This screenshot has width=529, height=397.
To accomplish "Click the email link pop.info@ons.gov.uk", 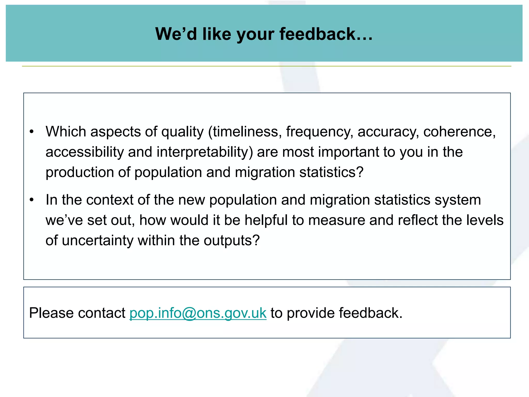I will pos(198,313).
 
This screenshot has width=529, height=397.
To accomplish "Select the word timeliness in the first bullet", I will pos(247,132).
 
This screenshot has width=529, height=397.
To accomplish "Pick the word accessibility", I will pos(85,152).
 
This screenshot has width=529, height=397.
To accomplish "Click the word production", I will pos(80,172).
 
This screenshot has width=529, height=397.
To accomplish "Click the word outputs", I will pos(231,241).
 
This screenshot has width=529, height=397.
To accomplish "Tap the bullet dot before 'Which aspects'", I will pos(32,132).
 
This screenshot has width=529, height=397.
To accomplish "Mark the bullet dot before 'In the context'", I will pos(32,200).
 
